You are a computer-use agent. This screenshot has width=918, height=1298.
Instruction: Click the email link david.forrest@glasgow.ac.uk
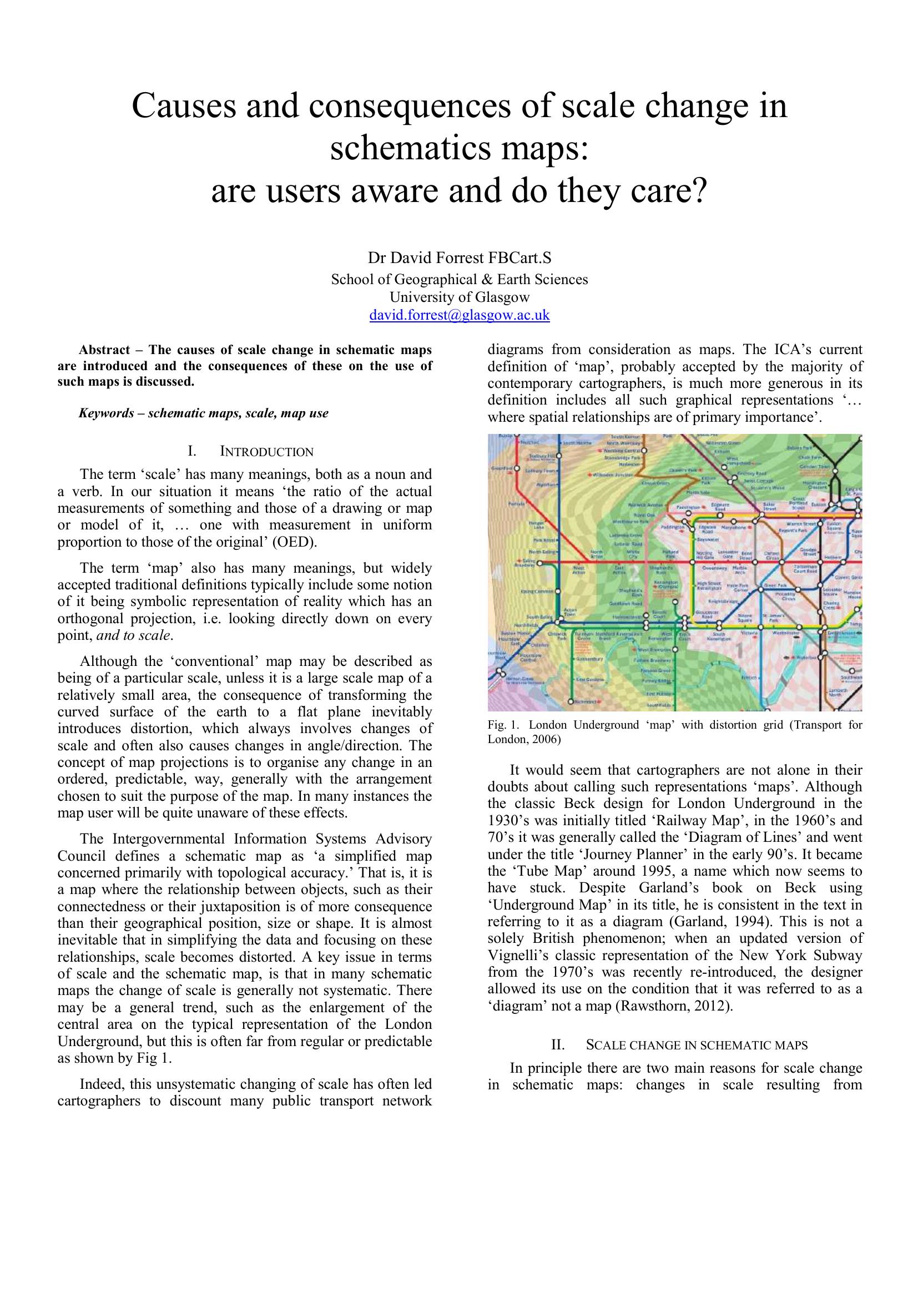pyautogui.click(x=459, y=315)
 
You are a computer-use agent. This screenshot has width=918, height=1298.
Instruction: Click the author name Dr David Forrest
pyautogui.click(x=426, y=259)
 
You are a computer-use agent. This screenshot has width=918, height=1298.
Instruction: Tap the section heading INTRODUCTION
pyautogui.click(x=266, y=452)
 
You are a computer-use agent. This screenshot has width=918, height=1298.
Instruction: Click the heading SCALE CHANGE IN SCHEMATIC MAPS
pyautogui.click(x=697, y=1046)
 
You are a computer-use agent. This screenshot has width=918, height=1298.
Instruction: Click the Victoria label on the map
pyautogui.click(x=749, y=634)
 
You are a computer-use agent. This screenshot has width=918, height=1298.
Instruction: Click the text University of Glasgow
pyautogui.click(x=459, y=297)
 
